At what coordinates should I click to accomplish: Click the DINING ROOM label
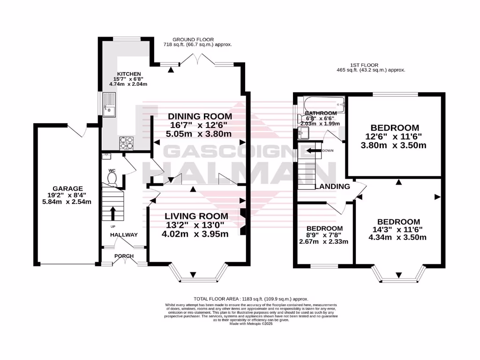coord(200,116)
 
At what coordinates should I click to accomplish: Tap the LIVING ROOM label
coord(196,216)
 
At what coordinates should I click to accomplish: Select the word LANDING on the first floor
coord(332,187)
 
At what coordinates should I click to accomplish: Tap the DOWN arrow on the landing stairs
coord(312,150)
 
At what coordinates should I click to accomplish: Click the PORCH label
coord(124,256)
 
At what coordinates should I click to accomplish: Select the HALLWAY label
coord(124,235)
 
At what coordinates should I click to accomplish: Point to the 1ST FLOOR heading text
coord(364,65)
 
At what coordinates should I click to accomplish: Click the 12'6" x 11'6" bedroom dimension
coord(397,137)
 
